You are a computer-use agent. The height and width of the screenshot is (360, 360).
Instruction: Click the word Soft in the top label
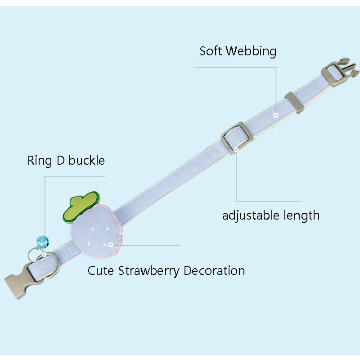click(x=211, y=51)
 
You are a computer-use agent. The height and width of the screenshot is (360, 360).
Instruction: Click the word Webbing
click(x=251, y=51)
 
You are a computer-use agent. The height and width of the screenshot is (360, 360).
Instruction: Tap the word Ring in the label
click(x=40, y=161)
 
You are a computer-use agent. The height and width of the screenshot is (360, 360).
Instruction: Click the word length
click(x=301, y=215)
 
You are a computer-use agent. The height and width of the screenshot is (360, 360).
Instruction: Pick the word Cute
click(x=101, y=271)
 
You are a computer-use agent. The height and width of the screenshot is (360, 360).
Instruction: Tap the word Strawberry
click(x=149, y=271)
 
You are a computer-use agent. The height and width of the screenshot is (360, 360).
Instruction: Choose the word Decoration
click(x=215, y=271)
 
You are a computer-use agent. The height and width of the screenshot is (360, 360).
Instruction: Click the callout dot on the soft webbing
click(x=275, y=115)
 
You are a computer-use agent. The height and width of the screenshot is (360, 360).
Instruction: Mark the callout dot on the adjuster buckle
click(x=237, y=149)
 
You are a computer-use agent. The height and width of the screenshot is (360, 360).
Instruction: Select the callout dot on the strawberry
click(x=111, y=245)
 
